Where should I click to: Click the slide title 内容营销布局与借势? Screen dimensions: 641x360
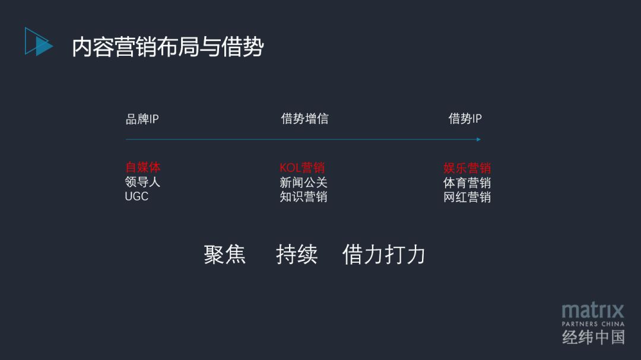(167, 47)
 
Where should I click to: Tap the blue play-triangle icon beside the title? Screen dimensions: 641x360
(39, 42)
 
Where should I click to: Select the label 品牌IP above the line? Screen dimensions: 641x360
(142, 119)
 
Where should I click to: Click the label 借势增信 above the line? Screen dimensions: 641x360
(304, 119)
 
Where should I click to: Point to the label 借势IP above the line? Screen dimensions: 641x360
(465, 119)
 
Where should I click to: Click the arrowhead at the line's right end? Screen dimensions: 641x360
(478, 139)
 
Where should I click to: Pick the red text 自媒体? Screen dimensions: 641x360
(142, 168)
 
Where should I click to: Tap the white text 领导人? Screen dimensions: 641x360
(142, 182)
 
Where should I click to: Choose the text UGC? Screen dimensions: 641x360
(137, 196)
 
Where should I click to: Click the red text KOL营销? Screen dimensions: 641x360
(302, 168)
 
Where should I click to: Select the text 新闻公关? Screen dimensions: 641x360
(303, 182)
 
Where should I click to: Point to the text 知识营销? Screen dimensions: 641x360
(303, 196)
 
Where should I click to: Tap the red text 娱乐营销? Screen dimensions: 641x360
(467, 168)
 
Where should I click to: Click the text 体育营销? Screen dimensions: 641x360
(467, 183)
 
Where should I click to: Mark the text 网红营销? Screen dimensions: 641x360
(467, 197)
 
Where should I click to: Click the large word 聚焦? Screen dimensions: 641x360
(225, 254)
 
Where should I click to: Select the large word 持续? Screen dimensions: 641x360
(297, 254)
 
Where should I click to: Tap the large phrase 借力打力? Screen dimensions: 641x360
(384, 254)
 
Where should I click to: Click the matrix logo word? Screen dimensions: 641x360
(593, 310)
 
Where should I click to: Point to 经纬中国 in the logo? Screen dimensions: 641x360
(593, 337)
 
